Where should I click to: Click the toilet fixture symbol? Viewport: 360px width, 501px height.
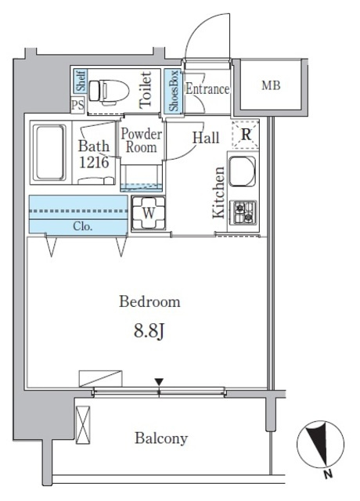coord(109,92)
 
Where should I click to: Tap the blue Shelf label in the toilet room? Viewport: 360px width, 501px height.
coord(81,81)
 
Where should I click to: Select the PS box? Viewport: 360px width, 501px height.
coord(77,105)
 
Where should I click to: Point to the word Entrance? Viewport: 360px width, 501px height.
coord(207,88)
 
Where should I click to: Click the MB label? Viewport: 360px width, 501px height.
coord(271,85)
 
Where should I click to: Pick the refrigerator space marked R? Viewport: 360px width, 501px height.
coord(245,135)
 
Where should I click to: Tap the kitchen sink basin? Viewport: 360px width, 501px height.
coord(243,171)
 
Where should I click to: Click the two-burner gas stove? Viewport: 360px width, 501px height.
coord(243,212)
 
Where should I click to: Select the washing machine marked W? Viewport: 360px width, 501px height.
coord(149,213)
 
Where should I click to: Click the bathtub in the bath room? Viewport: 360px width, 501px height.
coord(50,153)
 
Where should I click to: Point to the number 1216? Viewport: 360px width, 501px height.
coord(94,162)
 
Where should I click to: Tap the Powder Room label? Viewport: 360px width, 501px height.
coord(141,141)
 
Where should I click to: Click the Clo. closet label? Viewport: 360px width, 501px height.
coord(83,226)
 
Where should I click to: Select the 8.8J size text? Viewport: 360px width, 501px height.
coord(149,332)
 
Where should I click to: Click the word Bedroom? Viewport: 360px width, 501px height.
coord(149,301)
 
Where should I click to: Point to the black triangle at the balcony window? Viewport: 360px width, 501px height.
coord(159,382)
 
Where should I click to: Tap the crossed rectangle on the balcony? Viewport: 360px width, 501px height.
coord(83,425)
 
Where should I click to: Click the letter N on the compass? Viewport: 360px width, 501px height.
coord(328,474)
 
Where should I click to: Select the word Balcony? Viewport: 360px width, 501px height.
coord(161,438)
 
